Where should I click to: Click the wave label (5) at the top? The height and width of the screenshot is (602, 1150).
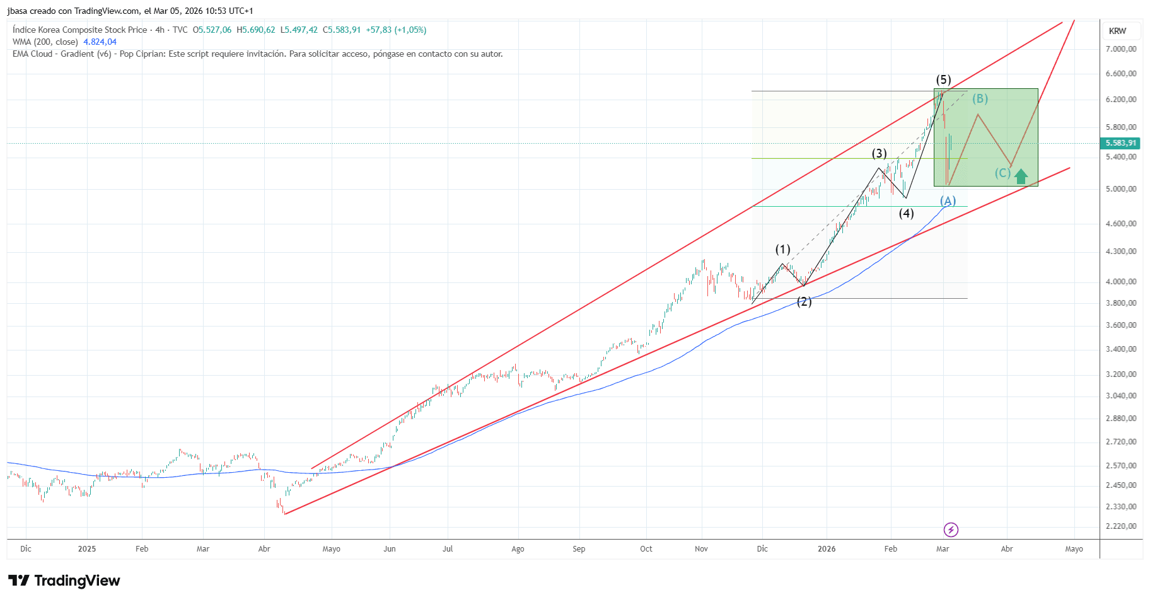pyautogui.click(x=943, y=80)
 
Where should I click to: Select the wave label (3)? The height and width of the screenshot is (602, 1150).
pyautogui.click(x=879, y=154)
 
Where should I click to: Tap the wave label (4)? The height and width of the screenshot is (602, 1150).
pyautogui.click(x=906, y=214)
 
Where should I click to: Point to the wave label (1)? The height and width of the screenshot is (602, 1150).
pyautogui.click(x=782, y=250)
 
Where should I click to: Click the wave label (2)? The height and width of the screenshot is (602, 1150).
pyautogui.click(x=804, y=302)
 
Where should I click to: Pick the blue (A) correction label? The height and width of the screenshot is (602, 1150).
pyautogui.click(x=948, y=201)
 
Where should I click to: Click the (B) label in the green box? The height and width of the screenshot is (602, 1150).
pyautogui.click(x=980, y=99)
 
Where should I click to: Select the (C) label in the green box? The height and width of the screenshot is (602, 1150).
pyautogui.click(x=1002, y=173)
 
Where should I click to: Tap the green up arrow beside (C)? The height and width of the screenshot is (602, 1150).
pyautogui.click(x=1021, y=177)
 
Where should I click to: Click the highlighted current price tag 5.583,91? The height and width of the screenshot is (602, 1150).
pyautogui.click(x=1120, y=143)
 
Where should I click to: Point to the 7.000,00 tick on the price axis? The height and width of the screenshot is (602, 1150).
pyautogui.click(x=1120, y=49)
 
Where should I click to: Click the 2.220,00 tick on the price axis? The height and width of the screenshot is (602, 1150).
pyautogui.click(x=1120, y=526)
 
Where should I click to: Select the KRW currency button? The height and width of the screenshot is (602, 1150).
pyautogui.click(x=1117, y=31)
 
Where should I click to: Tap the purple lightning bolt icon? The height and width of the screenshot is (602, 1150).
pyautogui.click(x=951, y=530)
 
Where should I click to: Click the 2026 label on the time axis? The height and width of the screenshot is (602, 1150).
pyautogui.click(x=826, y=549)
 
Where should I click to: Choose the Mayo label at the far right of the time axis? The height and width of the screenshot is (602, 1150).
pyautogui.click(x=1074, y=549)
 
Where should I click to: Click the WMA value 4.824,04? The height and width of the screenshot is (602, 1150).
pyautogui.click(x=100, y=42)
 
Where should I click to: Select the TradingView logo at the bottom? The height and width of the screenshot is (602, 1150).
pyautogui.click(x=64, y=581)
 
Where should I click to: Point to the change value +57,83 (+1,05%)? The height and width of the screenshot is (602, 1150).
pyautogui.click(x=396, y=30)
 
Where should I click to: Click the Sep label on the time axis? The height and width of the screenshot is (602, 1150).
pyautogui.click(x=579, y=549)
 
